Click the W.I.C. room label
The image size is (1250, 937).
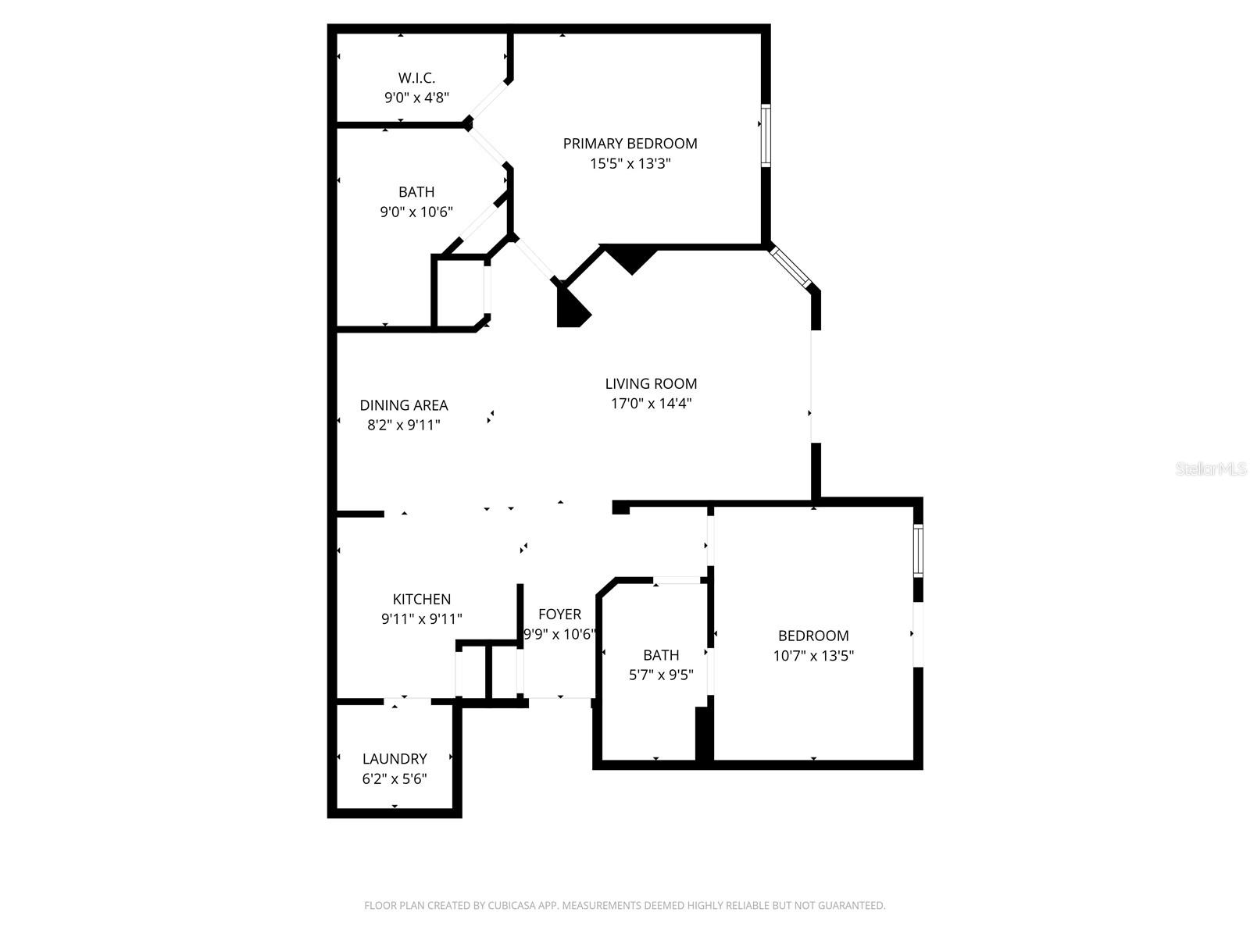click(x=416, y=78)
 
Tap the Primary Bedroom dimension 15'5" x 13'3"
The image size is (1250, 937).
click(x=630, y=164)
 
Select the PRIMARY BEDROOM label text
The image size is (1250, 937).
click(x=630, y=144)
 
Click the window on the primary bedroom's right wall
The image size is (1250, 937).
click(x=766, y=135)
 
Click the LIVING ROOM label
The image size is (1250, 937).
click(x=651, y=383)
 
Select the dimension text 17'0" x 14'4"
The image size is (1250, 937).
click(x=651, y=404)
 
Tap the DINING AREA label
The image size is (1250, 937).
click(x=404, y=405)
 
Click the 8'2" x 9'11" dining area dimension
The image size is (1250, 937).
click(x=404, y=426)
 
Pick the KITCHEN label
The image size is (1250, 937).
click(x=421, y=599)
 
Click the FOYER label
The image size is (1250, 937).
click(x=559, y=615)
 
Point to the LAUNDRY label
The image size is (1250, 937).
click(x=395, y=759)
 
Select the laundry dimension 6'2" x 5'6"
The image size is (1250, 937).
click(x=395, y=779)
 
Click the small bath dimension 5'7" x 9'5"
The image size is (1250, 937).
click(x=661, y=675)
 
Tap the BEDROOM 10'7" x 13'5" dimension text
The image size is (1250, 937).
click(x=813, y=656)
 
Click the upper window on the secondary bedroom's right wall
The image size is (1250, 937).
click(x=918, y=551)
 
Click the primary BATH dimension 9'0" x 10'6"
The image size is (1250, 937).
click(x=416, y=212)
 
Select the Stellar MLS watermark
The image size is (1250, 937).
click(x=1210, y=469)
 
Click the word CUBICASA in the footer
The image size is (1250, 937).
click(x=512, y=906)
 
